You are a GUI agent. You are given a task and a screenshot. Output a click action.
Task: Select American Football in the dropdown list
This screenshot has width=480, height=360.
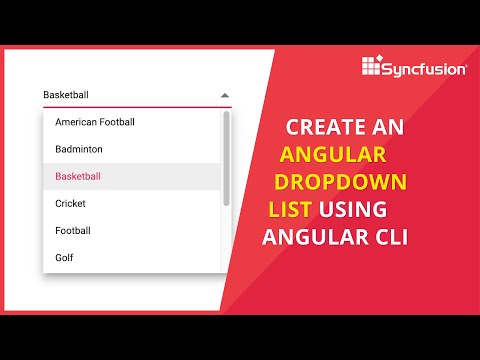coord(95,122)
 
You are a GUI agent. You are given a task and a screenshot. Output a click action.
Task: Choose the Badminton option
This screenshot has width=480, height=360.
coord(79,149)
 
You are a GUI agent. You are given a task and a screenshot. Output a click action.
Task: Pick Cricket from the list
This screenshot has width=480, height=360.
coord(70,203)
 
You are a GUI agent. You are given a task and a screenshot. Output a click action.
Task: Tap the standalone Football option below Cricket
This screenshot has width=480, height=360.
coord(73,230)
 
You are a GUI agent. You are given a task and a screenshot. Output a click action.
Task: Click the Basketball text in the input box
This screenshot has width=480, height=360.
coord(66,96)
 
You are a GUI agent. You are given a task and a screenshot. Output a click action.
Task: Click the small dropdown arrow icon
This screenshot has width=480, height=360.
coord(225,96)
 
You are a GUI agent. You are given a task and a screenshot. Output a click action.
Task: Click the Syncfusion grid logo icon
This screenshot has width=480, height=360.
coord(373,67)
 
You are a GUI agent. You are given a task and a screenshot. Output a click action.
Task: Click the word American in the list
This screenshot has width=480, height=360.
coord(76,122)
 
